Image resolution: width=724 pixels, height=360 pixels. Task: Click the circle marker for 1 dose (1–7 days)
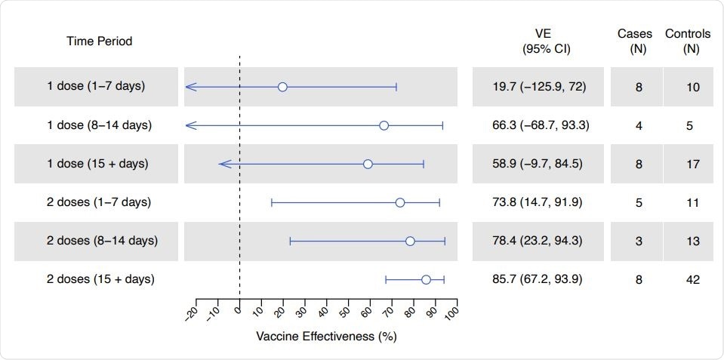pyautogui.click(x=282, y=87)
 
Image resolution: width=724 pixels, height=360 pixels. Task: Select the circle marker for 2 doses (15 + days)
pyautogui.click(x=426, y=279)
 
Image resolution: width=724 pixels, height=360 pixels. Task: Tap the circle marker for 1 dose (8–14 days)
pyautogui.click(x=384, y=125)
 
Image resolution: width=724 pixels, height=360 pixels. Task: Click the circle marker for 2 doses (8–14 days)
pyautogui.click(x=410, y=241)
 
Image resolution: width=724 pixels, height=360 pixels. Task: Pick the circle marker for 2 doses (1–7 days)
pyautogui.click(x=400, y=202)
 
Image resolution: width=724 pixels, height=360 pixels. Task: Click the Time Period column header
pyautogui.click(x=99, y=42)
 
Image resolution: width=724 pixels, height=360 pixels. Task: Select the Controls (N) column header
pyautogui.click(x=688, y=42)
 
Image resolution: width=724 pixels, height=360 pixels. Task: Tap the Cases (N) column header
pyautogui.click(x=636, y=42)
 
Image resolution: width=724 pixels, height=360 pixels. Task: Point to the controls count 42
pyautogui.click(x=693, y=279)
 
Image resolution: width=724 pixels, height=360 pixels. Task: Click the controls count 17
pyautogui.click(x=693, y=164)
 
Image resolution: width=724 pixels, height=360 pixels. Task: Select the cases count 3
pyautogui.click(x=639, y=241)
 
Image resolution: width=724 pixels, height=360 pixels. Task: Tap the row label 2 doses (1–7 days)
pyautogui.click(x=99, y=202)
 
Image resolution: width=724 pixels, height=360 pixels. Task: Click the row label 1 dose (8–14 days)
pyautogui.click(x=99, y=125)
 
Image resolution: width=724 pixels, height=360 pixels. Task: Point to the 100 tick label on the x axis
pyautogui.click(x=451, y=310)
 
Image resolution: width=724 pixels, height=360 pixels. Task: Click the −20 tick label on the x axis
pyautogui.click(x=191, y=312)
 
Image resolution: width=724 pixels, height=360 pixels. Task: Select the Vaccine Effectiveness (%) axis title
pyautogui.click(x=326, y=337)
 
